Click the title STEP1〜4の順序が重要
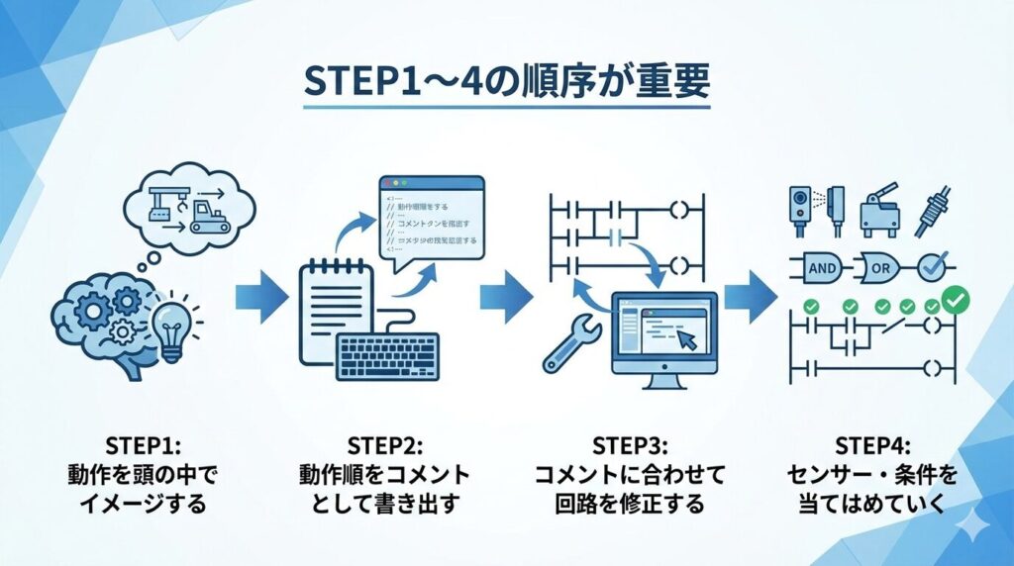(506, 83)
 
